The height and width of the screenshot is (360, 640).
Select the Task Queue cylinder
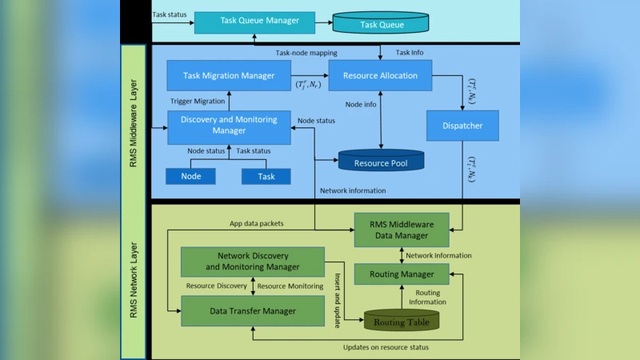click(380, 24)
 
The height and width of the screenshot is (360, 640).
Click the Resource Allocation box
click(380, 75)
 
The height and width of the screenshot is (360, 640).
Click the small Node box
click(190, 176)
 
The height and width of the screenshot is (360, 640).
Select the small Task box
click(266, 176)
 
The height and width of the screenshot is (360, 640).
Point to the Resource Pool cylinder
click(381, 162)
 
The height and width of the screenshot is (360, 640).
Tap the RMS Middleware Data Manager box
click(401, 230)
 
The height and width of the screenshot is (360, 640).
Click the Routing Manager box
click(401, 274)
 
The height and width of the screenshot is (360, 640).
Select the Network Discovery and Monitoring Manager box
click(252, 262)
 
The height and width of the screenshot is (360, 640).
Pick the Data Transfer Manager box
click(252, 310)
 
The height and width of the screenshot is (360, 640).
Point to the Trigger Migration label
click(198, 102)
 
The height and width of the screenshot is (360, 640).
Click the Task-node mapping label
click(306, 53)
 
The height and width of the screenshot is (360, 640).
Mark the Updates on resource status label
click(385, 347)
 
